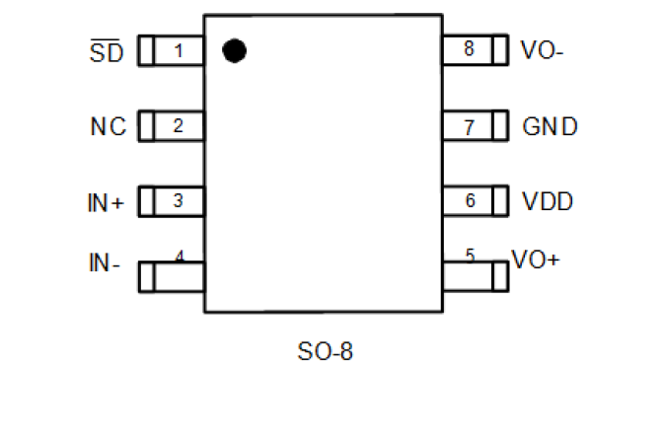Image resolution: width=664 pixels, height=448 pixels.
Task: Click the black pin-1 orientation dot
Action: (x=233, y=50)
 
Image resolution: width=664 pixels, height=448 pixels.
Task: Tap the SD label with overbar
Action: (x=107, y=52)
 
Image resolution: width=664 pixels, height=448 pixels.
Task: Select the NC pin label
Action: (x=109, y=126)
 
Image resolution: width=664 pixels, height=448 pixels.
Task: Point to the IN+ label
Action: (x=107, y=202)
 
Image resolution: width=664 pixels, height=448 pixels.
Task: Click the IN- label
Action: (x=105, y=262)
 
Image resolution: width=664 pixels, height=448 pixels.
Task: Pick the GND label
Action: (x=550, y=126)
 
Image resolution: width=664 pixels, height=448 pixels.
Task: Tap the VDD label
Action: (x=548, y=201)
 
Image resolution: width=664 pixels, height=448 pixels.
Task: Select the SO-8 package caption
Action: (x=325, y=350)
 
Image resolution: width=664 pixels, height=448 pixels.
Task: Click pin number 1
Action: (x=179, y=50)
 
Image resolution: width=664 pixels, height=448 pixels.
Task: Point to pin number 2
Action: (x=179, y=125)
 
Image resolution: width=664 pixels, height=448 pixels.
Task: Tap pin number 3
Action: (x=179, y=200)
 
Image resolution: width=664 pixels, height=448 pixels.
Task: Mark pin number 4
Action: (x=180, y=256)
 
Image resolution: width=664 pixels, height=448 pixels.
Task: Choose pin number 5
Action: (x=470, y=256)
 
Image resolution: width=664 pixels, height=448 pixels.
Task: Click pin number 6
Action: (x=470, y=200)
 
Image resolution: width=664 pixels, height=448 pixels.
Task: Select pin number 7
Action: (x=470, y=126)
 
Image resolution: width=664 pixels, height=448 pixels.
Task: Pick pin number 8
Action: (x=469, y=49)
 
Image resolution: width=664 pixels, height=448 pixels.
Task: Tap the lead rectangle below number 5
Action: (x=475, y=276)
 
